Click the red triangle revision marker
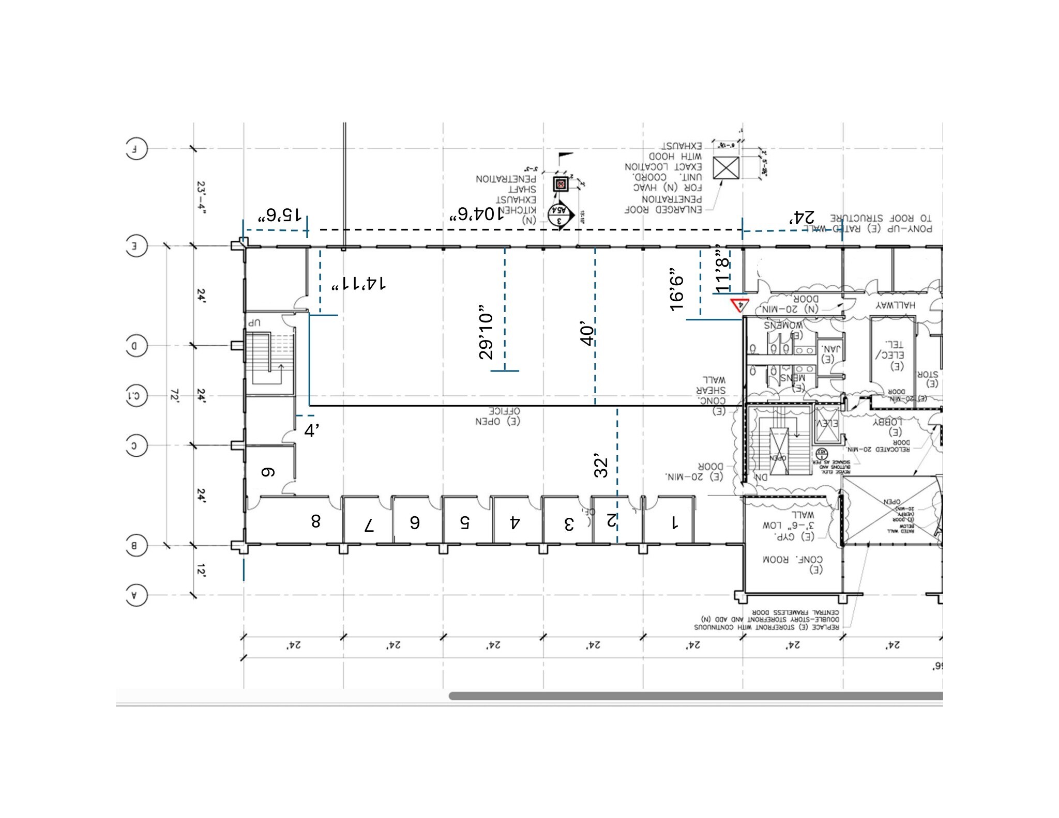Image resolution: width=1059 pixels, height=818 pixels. point(738,305)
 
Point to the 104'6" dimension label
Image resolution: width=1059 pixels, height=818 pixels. point(476,214)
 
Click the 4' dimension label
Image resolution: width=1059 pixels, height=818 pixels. point(311,430)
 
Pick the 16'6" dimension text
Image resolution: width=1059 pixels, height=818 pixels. point(676,290)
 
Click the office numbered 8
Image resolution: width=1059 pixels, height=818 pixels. point(315,521)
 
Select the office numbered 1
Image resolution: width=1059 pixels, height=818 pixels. point(674,523)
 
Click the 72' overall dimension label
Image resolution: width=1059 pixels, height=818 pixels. point(174,396)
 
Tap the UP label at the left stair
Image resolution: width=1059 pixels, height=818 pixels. point(254,322)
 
